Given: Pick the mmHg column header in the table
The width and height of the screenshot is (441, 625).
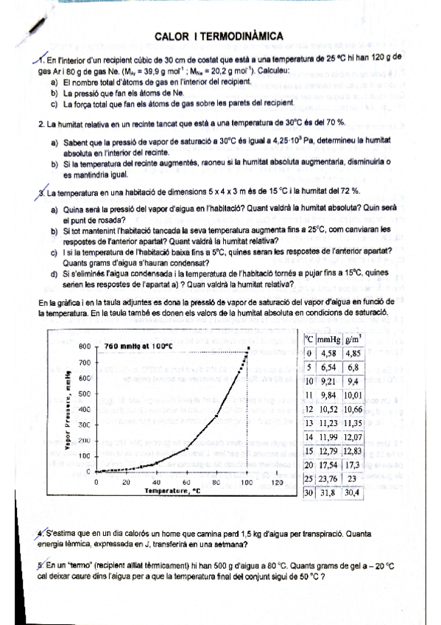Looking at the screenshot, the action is coord(328,339).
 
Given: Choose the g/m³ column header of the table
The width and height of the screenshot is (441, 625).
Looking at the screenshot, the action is coord(353,339).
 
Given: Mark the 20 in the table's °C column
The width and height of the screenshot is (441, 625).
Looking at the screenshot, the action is coord(311,464).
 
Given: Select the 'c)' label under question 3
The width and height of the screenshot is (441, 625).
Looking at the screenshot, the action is coord(54,251).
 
